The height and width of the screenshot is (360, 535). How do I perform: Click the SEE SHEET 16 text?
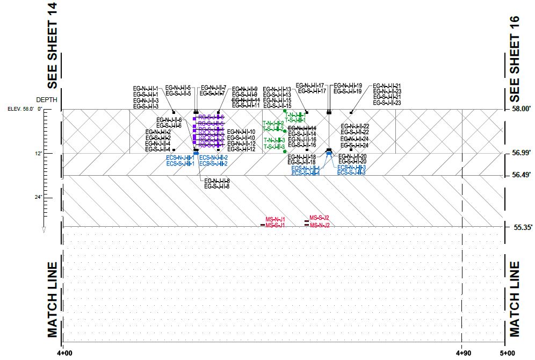515,59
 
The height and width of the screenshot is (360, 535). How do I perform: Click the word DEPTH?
46,100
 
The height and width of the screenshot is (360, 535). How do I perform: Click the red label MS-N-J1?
275,220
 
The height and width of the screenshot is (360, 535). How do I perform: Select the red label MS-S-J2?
319,218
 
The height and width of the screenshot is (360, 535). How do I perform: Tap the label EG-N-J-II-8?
217,181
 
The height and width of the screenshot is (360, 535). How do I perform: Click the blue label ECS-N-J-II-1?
180,157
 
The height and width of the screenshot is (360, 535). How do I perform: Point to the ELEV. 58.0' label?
21,109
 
